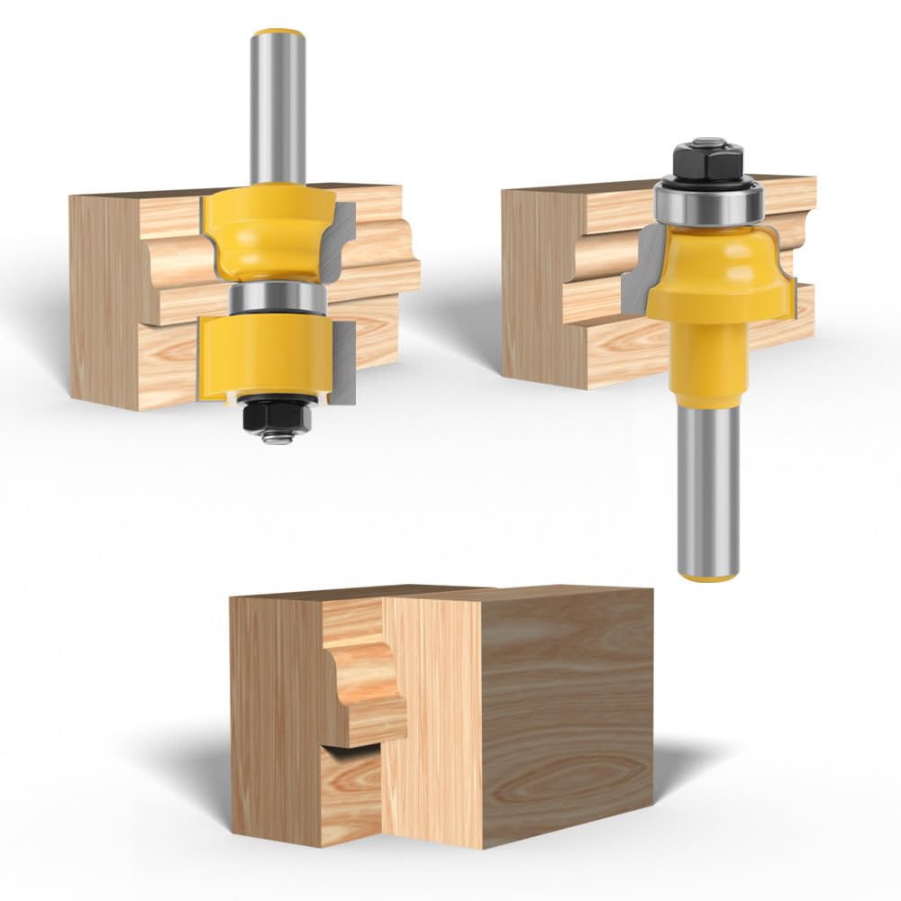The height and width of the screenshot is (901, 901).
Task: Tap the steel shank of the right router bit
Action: coord(708,487)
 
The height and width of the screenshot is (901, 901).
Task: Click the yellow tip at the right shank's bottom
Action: coord(708,574)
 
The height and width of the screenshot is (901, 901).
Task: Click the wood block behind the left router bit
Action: coord(117,297)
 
